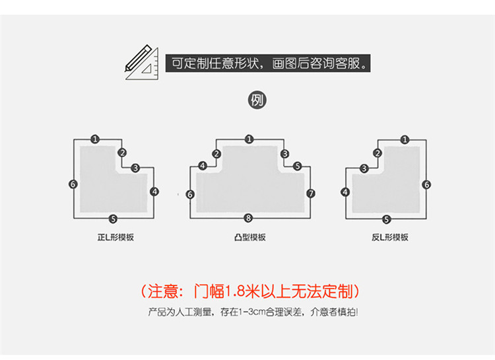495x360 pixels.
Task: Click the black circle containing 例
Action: pos(256,100)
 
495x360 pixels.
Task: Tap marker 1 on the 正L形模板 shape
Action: pos(95,139)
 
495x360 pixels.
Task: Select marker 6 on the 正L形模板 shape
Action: pos(73,184)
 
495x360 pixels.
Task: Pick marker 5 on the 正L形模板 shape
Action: pos(113,219)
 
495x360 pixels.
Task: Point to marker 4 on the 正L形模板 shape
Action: pos(154,192)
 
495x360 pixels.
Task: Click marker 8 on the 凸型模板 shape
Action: pos(248,218)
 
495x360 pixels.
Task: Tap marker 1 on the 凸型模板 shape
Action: pos(249,139)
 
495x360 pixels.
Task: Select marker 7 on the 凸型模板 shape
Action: pos(311,194)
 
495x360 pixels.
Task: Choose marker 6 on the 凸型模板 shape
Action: pos(190,194)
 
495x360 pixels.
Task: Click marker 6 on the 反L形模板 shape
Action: pos(426,185)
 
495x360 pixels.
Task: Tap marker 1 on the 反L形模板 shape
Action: pos(404,139)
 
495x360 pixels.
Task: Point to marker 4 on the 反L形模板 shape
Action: pos(345,192)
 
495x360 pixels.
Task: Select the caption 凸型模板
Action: pos(249,237)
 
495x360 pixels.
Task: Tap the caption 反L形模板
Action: pos(389,237)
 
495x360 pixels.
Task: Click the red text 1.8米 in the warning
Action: pos(242,291)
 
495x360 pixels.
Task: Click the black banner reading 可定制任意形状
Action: pos(267,64)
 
